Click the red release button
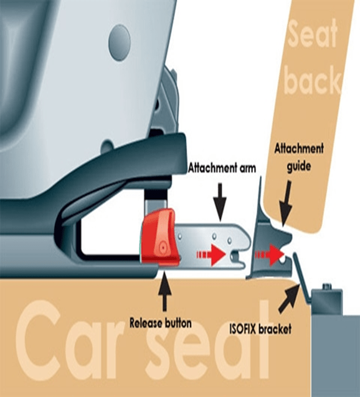160,237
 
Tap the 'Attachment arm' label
222,168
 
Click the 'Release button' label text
160,323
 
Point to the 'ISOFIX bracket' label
260,329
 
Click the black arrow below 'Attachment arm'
220,203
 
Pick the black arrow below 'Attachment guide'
287,203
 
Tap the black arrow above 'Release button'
164,290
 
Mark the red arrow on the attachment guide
269,255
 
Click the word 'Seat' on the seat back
313,34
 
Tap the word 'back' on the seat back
313,80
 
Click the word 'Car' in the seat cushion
69,344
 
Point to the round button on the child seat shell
120,43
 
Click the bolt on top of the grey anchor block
327,287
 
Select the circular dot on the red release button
163,247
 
